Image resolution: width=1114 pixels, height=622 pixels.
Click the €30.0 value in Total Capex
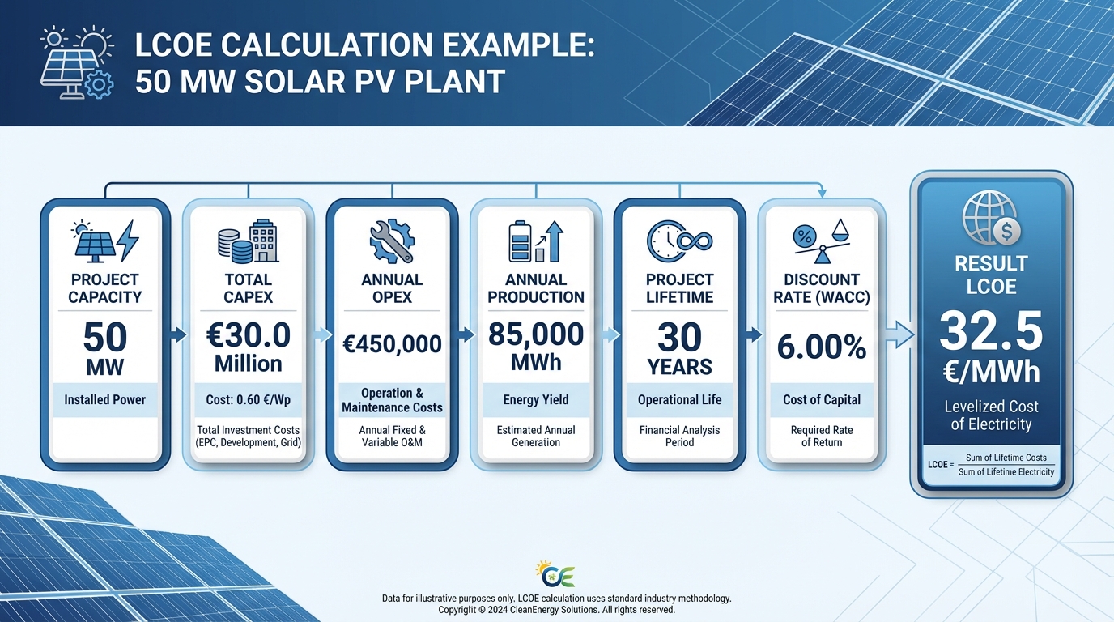click(x=248, y=335)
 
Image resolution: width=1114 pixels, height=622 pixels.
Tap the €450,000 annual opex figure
click(x=392, y=343)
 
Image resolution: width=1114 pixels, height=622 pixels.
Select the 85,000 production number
click(x=536, y=334)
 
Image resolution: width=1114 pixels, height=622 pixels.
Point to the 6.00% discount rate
click(x=822, y=347)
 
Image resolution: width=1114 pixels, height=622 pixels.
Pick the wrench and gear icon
click(x=392, y=241)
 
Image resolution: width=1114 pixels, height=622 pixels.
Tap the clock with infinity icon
click(x=679, y=241)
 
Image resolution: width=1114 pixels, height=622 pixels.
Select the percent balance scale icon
click(x=822, y=241)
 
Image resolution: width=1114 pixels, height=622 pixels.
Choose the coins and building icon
click(x=248, y=241)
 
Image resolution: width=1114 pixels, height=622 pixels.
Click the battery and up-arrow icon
click(x=535, y=241)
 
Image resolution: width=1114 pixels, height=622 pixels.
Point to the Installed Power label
click(x=105, y=399)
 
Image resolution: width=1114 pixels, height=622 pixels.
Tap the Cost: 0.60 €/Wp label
click(x=248, y=399)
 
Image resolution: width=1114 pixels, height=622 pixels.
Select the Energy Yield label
click(x=536, y=399)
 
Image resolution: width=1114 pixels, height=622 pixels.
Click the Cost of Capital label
click(x=822, y=399)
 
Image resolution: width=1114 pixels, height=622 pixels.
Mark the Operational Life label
click(x=679, y=399)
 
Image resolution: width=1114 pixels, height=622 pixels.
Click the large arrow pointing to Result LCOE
click(x=896, y=334)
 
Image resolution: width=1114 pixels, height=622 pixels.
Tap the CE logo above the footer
click(x=556, y=574)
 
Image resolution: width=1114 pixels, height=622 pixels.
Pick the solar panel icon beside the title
click(x=75, y=64)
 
